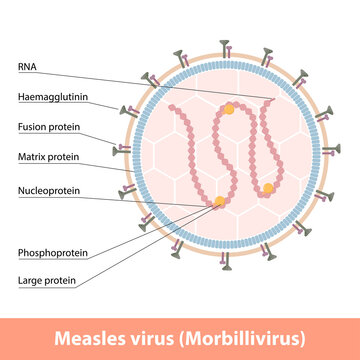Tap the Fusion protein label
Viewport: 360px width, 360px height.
(49, 127)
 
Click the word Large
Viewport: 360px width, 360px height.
(30, 282)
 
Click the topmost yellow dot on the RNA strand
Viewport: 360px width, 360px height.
(231, 106)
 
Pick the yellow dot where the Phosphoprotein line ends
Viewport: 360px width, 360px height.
(219, 203)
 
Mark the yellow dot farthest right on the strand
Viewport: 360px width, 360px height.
(268, 188)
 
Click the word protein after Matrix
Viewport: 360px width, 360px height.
(64, 157)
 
